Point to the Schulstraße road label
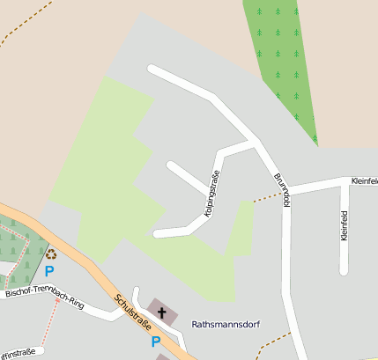pyautogui.click(x=130, y=311)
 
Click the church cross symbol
pyautogui.click(x=161, y=311)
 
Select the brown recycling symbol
pyautogui.click(x=50, y=253)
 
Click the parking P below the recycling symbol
pyautogui.click(x=50, y=270)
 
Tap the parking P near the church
pyautogui.click(x=156, y=342)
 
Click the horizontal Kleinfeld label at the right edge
pyautogui.click(x=364, y=181)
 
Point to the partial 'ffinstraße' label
pyautogui.click(x=18, y=352)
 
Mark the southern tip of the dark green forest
pyautogui.click(x=315, y=143)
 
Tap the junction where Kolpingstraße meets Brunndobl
pyautogui.click(x=255, y=143)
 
